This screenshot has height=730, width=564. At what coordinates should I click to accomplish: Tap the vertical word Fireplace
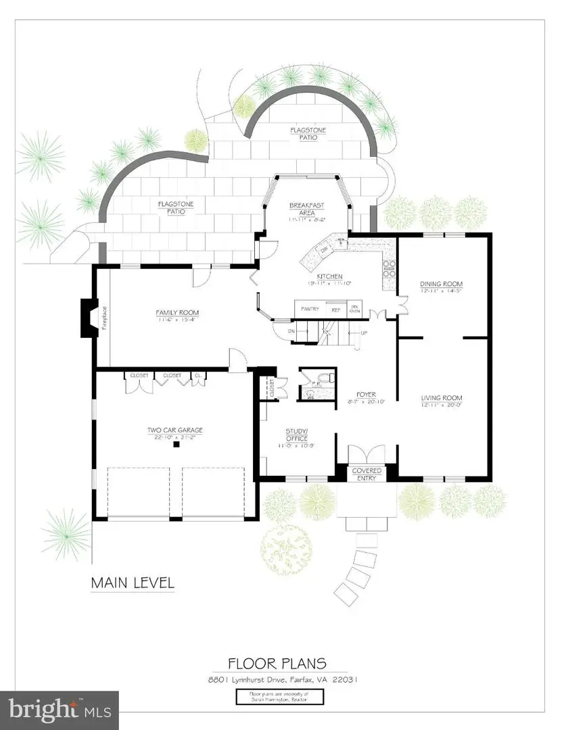(105, 317)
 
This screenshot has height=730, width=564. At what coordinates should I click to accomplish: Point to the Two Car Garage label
(175, 430)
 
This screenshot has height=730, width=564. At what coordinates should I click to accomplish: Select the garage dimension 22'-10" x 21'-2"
(175, 437)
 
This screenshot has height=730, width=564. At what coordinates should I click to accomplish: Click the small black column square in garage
(176, 444)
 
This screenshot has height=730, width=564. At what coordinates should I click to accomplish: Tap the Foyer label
(367, 395)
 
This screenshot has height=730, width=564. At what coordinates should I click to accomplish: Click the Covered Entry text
(367, 474)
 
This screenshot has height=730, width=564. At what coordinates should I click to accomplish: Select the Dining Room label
(441, 284)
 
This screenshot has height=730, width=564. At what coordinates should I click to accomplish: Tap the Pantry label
(310, 310)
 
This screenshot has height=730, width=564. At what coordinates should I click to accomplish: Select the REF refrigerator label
(336, 310)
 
